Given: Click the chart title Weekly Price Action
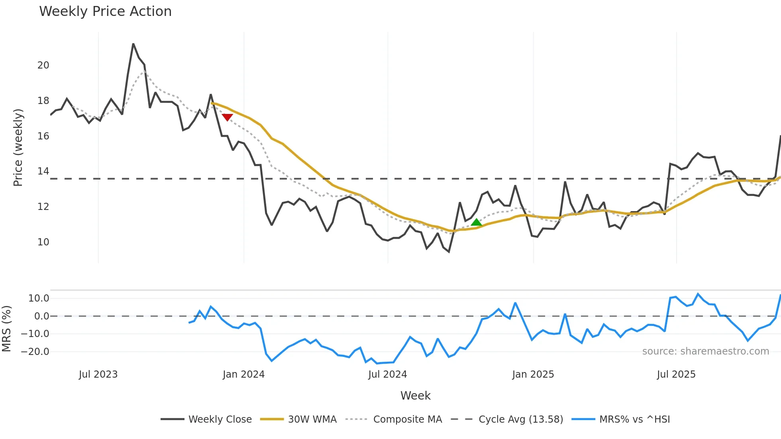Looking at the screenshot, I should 105,12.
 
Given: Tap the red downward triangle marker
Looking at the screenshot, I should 227,117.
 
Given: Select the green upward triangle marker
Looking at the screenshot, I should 476,222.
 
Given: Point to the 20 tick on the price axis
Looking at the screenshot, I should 43,65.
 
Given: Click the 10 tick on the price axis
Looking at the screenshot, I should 43,242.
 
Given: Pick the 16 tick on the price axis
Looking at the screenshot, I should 43,136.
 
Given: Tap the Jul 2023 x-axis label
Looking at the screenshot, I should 98,374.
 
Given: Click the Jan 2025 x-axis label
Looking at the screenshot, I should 533,374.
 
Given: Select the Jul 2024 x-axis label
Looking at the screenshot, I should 387,374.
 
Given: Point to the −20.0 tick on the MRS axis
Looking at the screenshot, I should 35,352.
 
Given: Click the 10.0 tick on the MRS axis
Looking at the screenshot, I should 39,298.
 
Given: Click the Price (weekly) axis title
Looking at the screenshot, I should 18,147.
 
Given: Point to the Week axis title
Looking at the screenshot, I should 415,396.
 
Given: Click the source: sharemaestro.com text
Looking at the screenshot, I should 705,351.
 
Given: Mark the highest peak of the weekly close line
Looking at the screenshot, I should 133,44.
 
